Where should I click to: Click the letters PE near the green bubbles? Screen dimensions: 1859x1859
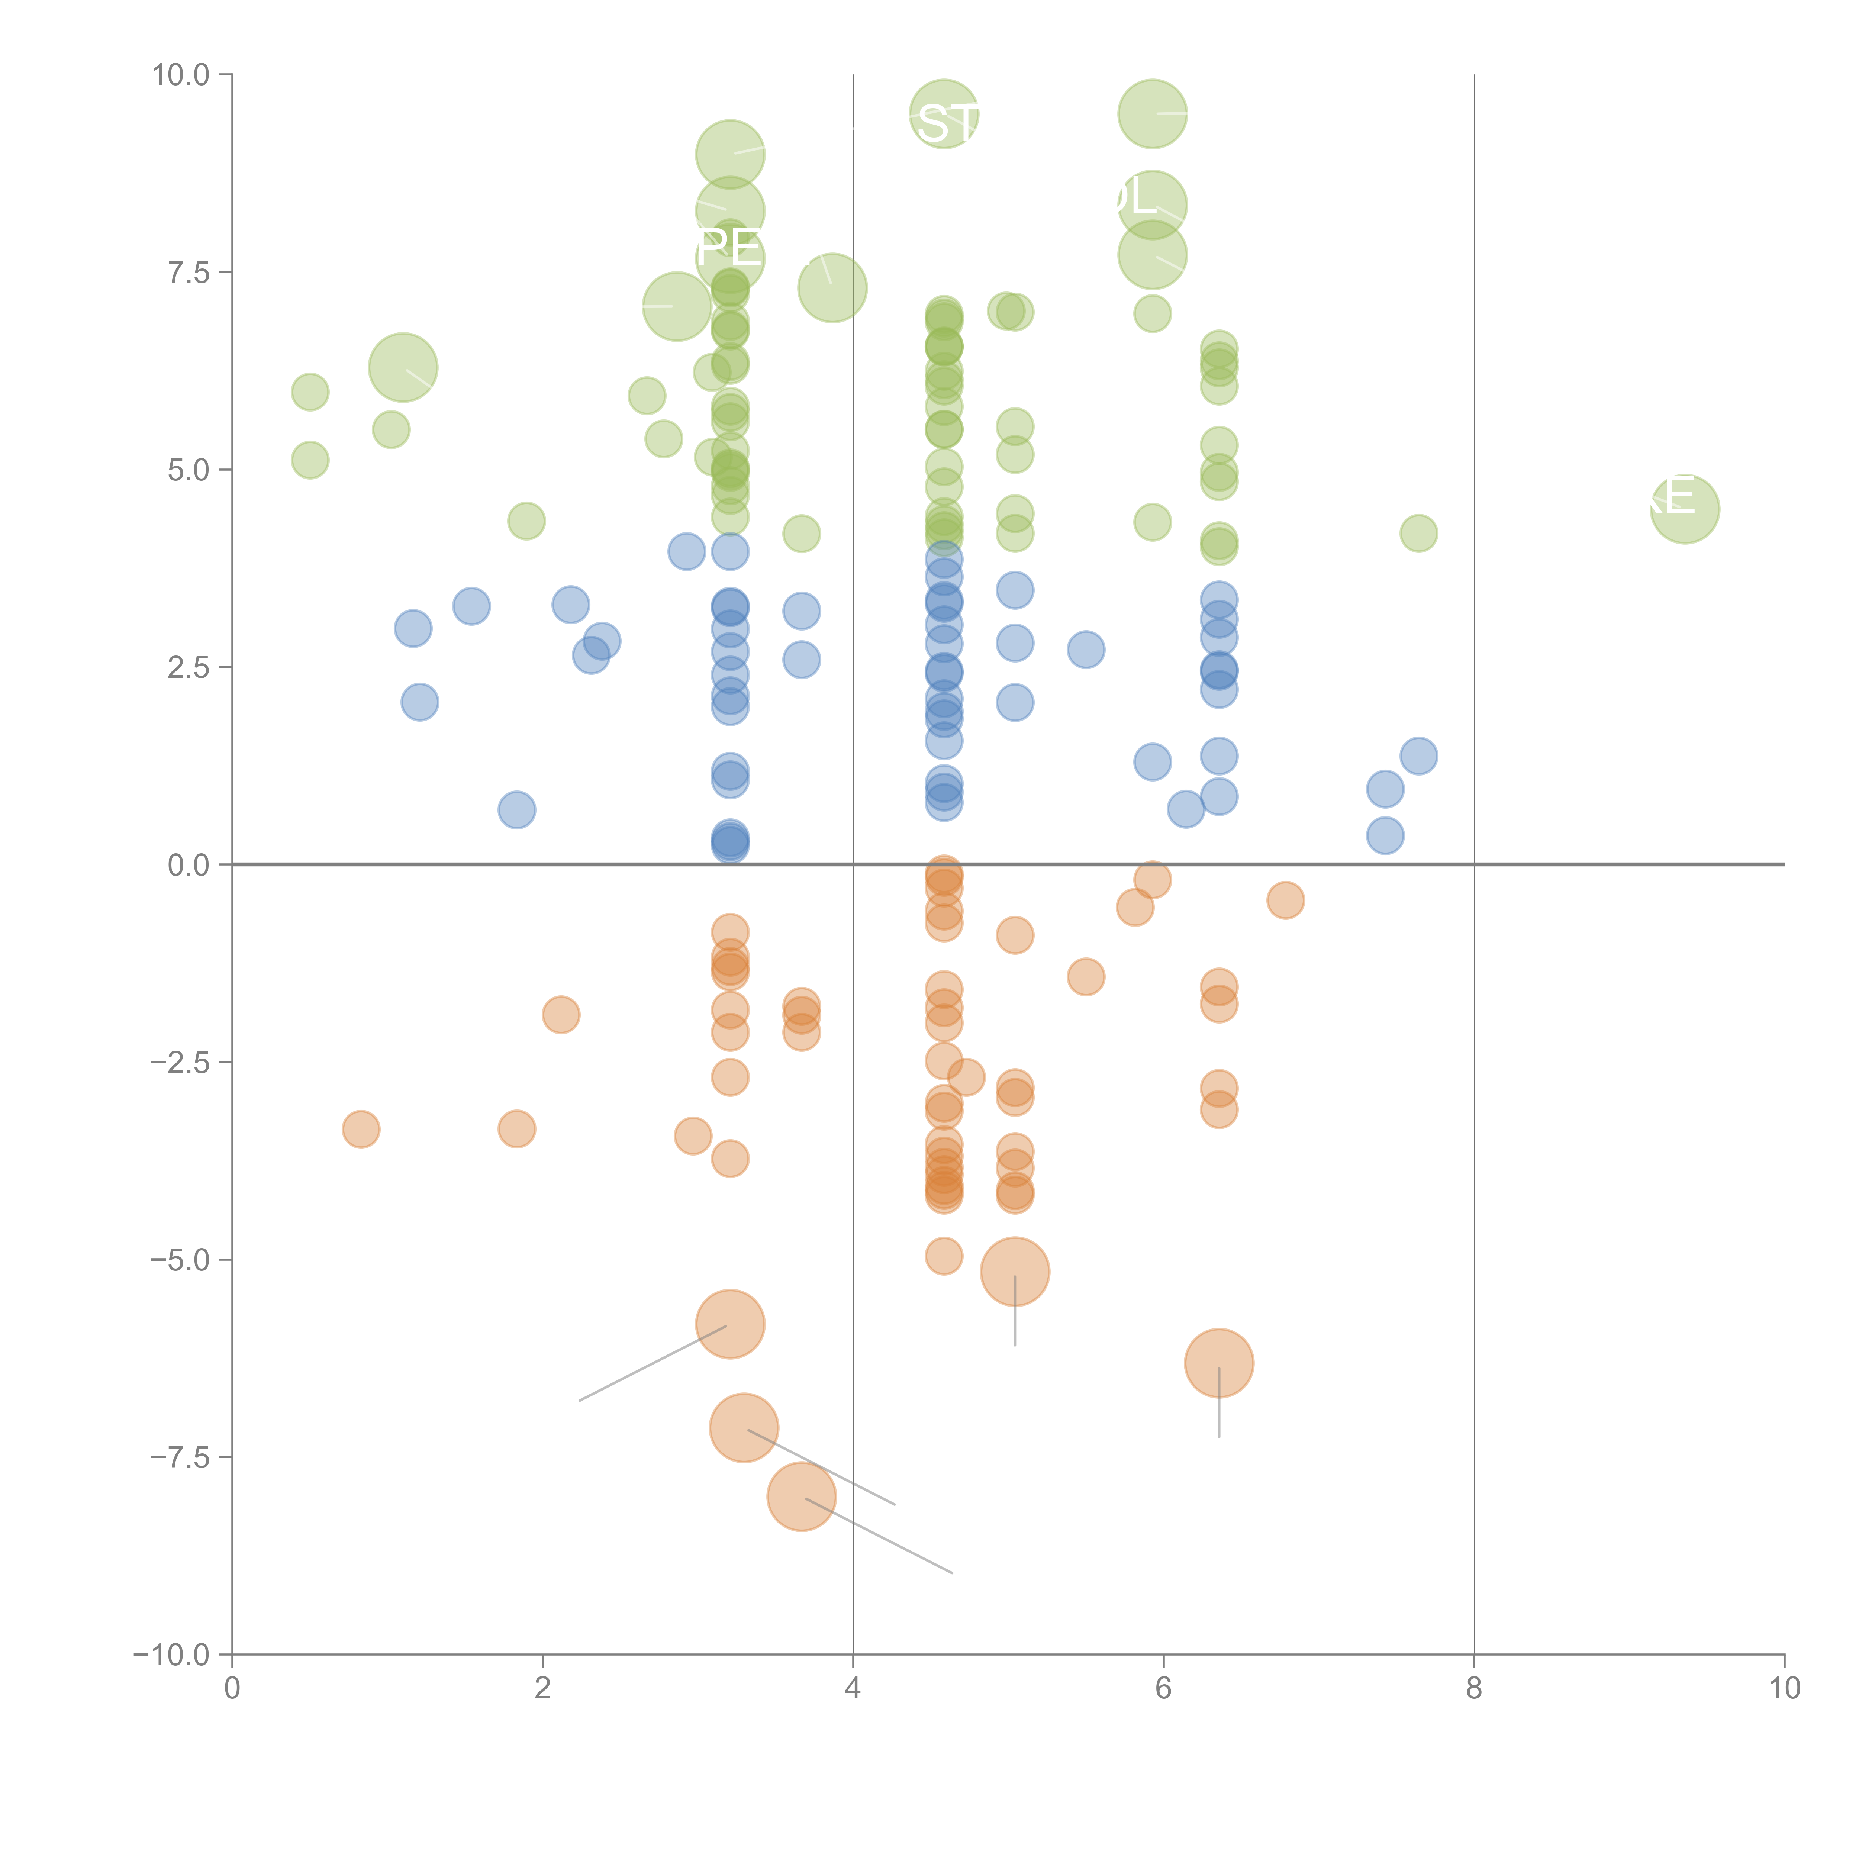[x=728, y=249]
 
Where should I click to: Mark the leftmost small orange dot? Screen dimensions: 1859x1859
[x=361, y=1129]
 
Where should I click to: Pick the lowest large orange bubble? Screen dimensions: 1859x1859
[x=802, y=1496]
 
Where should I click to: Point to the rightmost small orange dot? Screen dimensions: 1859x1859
[x=1286, y=900]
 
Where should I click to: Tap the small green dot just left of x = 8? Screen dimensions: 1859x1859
[x=1418, y=533]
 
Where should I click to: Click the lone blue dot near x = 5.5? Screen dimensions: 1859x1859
[x=1085, y=650]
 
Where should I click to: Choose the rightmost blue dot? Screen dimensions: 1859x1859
[x=1418, y=756]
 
